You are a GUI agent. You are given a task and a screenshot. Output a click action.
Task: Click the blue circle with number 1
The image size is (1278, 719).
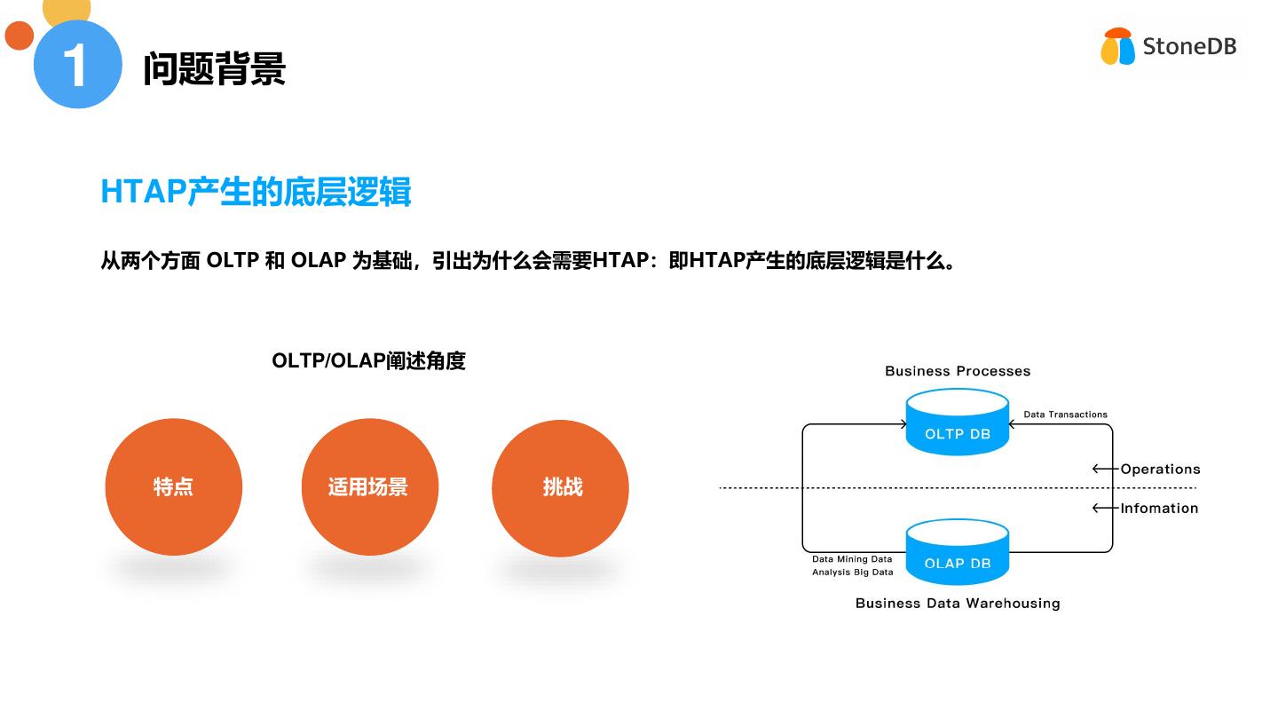[77, 64]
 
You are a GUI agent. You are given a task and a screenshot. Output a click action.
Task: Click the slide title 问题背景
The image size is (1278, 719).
[214, 68]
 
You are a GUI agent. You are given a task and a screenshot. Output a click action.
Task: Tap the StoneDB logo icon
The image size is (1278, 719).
[1117, 47]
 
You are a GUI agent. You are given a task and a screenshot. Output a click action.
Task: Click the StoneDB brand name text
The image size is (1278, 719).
[1189, 46]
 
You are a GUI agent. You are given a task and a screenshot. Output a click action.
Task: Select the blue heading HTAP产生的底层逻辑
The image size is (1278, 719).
[256, 192]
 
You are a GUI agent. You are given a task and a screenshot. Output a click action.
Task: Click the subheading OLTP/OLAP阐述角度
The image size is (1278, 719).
[368, 360]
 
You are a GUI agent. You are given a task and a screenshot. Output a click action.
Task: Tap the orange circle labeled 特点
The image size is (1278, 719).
[174, 487]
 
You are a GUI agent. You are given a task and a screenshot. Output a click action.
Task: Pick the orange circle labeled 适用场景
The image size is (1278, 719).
[370, 487]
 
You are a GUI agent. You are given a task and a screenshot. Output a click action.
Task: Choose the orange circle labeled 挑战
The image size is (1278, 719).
[560, 487]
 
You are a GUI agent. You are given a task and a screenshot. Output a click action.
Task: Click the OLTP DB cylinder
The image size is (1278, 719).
[957, 424]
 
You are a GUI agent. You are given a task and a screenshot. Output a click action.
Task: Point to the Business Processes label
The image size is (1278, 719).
[958, 371]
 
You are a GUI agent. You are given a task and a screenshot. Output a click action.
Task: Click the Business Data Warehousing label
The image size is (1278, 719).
[958, 603]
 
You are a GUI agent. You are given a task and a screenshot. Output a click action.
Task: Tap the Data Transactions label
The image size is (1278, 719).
[1065, 415]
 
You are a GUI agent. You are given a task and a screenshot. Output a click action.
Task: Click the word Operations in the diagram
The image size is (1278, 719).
[1160, 469]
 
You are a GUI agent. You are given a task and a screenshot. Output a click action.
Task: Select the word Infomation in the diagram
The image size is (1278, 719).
[1159, 508]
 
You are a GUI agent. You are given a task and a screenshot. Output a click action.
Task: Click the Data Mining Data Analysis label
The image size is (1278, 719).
[852, 565]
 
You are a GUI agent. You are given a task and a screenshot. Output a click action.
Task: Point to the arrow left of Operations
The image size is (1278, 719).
[1104, 469]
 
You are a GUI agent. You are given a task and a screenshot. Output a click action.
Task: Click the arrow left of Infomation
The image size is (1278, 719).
[1104, 508]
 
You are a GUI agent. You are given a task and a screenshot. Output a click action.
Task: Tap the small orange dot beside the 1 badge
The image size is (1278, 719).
[19, 36]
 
